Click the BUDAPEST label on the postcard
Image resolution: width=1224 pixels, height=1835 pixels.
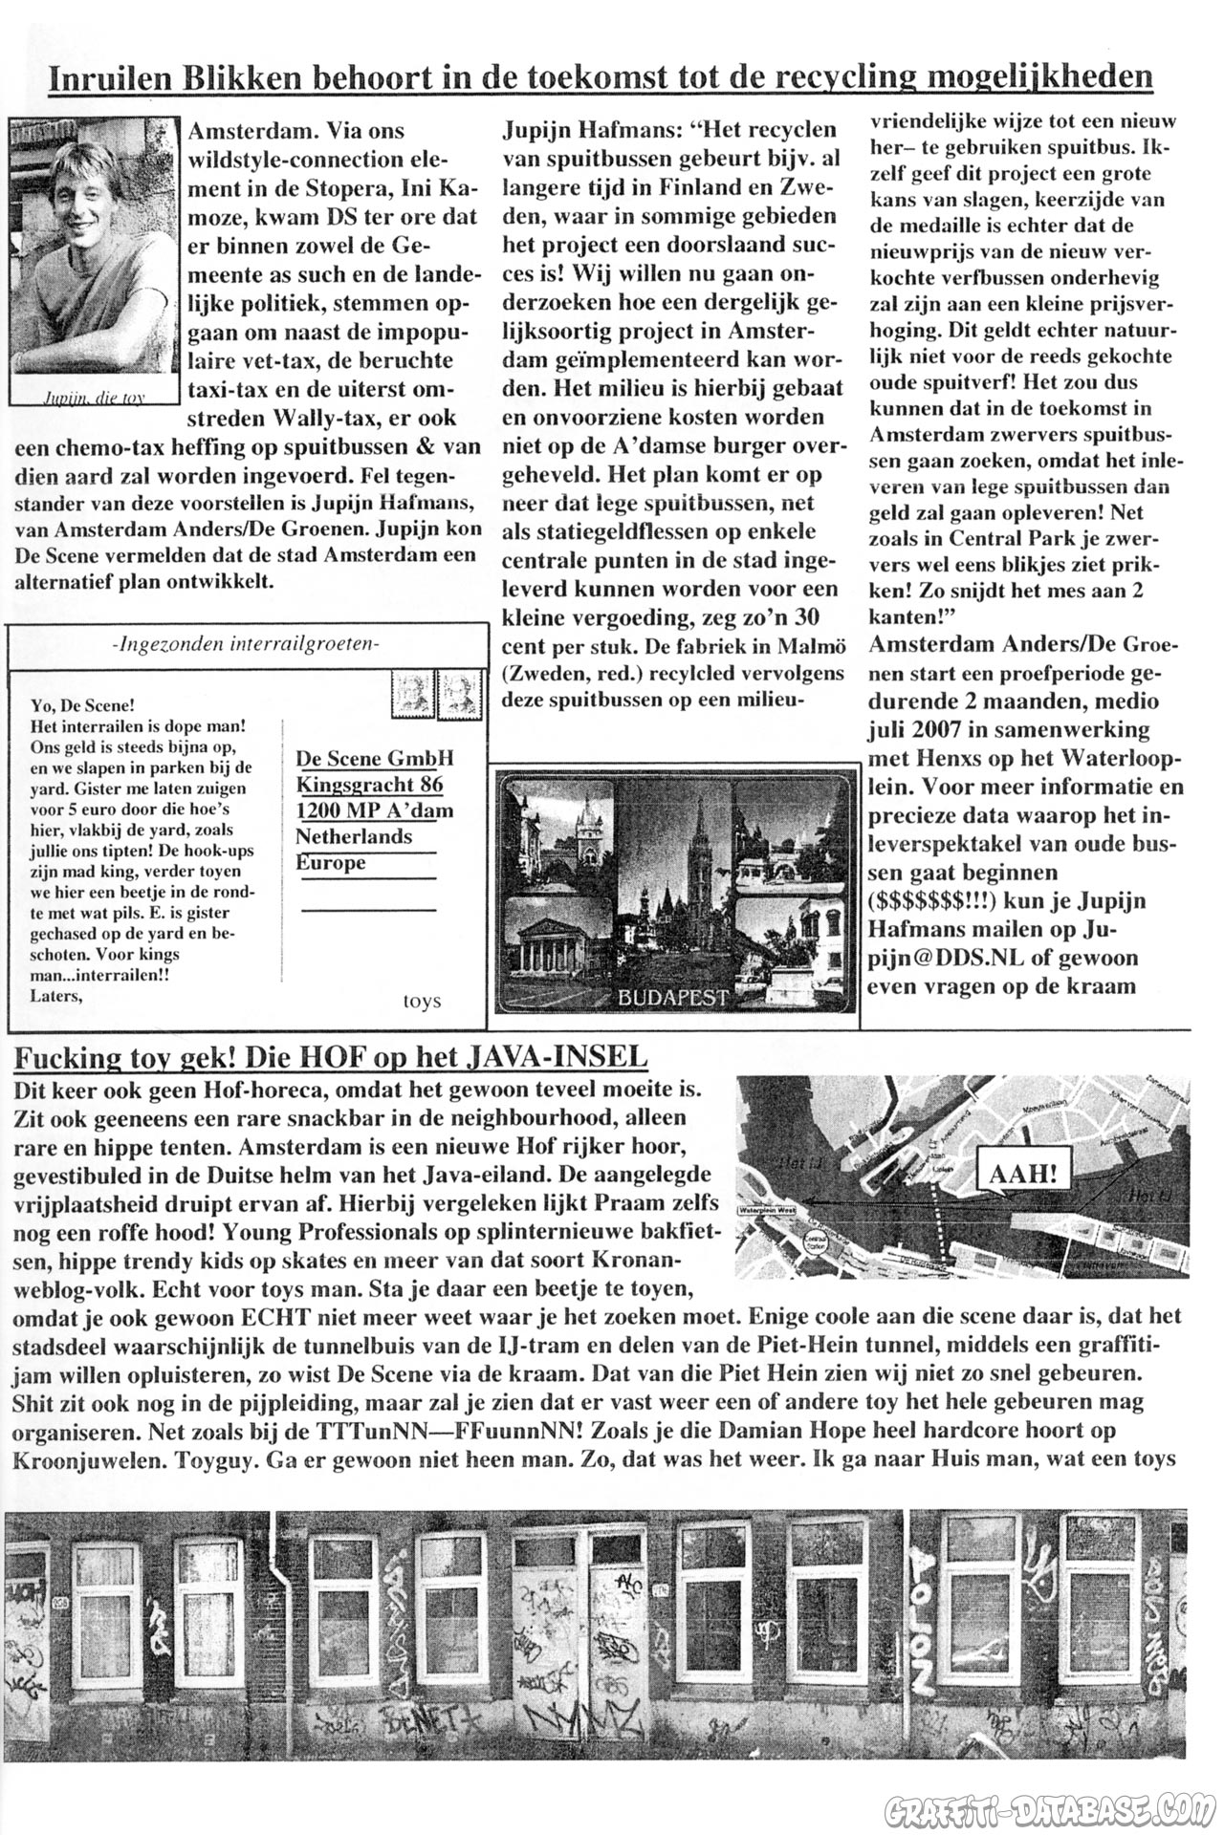(x=673, y=998)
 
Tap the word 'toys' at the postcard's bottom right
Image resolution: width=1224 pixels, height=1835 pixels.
(x=422, y=1001)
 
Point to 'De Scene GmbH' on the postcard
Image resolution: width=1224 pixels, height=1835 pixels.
(x=375, y=758)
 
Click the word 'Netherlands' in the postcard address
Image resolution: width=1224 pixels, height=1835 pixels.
(x=354, y=836)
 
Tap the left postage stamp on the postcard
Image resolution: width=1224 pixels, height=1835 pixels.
(x=412, y=692)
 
